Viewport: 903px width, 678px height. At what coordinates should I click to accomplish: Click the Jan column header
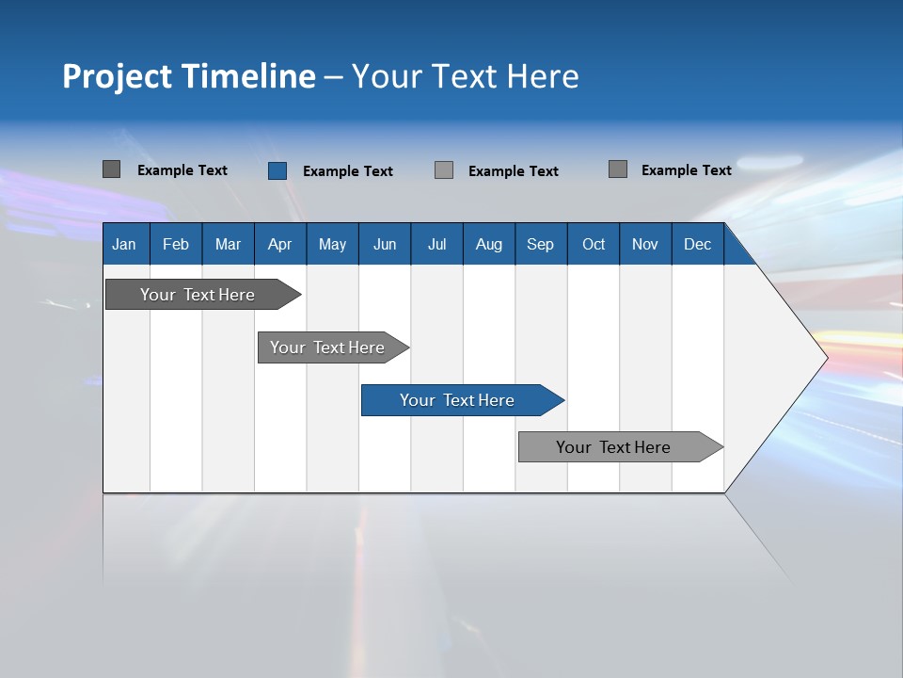click(x=124, y=245)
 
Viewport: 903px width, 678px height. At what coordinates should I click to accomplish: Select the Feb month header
click(x=176, y=245)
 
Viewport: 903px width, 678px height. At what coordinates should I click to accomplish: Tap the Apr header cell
click(x=279, y=245)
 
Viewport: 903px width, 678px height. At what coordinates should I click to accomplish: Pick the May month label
click(x=332, y=245)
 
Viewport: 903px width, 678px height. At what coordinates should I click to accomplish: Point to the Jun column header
click(x=385, y=245)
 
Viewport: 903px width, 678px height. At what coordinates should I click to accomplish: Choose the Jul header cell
click(x=436, y=245)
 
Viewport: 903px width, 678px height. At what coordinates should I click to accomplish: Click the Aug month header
click(x=489, y=245)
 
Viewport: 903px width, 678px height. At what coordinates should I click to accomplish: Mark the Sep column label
click(x=540, y=245)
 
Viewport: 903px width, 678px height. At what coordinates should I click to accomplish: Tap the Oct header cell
click(x=594, y=245)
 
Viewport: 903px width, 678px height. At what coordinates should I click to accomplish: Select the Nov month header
click(x=645, y=245)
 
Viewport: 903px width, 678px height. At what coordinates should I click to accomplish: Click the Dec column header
click(x=697, y=245)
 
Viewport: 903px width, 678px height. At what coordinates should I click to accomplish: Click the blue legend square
click(x=277, y=170)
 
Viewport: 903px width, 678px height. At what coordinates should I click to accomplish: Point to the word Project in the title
click(x=118, y=76)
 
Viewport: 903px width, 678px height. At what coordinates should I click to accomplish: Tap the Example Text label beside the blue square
click(x=348, y=171)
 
